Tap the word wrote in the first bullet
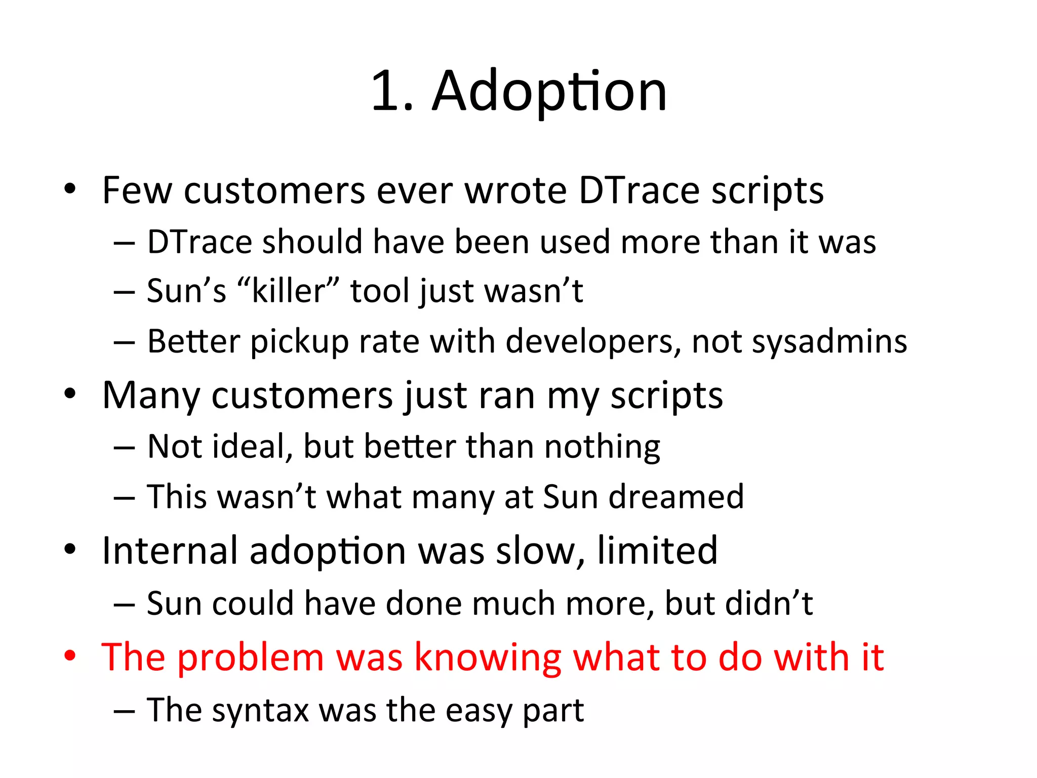click(x=515, y=191)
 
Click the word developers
click(x=593, y=341)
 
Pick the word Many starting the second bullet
click(x=151, y=396)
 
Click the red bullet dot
click(x=70, y=656)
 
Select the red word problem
click(x=251, y=658)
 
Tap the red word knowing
click(x=488, y=658)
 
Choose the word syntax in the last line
click(x=260, y=710)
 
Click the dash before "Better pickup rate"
click(x=124, y=343)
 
